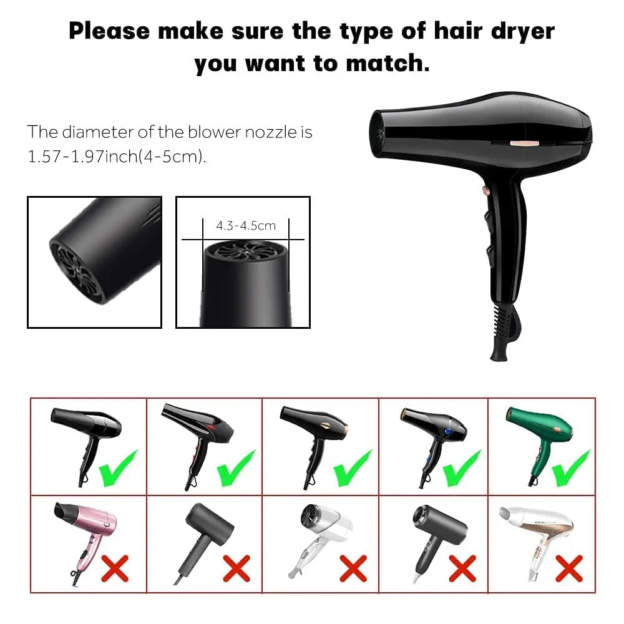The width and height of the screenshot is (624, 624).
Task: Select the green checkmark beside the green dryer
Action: (x=570, y=469)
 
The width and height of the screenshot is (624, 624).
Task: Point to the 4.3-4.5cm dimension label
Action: (x=245, y=225)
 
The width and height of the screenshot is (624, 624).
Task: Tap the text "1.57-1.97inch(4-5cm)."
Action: (x=117, y=157)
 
